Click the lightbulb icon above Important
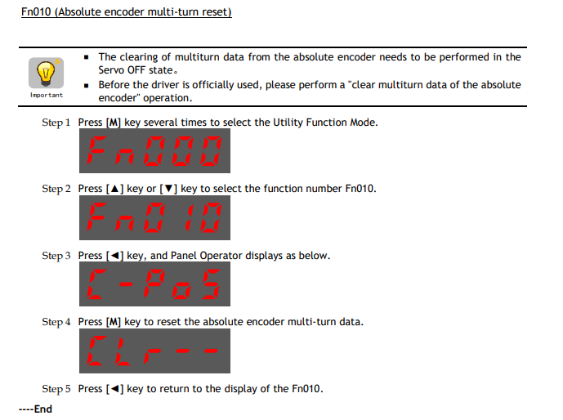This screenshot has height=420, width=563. pos(46,73)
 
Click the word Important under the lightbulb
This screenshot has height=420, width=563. pos(47,95)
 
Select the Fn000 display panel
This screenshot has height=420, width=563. pos(154,151)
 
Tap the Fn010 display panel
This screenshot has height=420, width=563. pos(154,218)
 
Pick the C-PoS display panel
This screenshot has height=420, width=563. pos(154,284)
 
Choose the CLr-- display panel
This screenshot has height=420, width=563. pos(154,351)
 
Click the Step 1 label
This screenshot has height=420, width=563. pos(56,123)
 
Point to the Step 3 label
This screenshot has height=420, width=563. pos(56,256)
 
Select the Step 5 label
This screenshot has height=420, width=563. pos(56,389)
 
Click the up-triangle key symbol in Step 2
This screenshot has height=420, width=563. pos(115,189)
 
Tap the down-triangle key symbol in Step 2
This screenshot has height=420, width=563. pos(168,189)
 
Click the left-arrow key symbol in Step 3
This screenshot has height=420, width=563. pos(115,256)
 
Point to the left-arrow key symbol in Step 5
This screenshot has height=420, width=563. pos(115,389)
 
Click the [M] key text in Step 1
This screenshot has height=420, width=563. pos(114,123)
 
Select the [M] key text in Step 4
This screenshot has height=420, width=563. pos(114,322)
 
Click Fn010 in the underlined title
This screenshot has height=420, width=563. pos(36,12)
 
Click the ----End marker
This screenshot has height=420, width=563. pos(36,409)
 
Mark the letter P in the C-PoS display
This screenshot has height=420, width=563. pos(154,284)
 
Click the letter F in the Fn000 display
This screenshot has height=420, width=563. pos(96,151)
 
